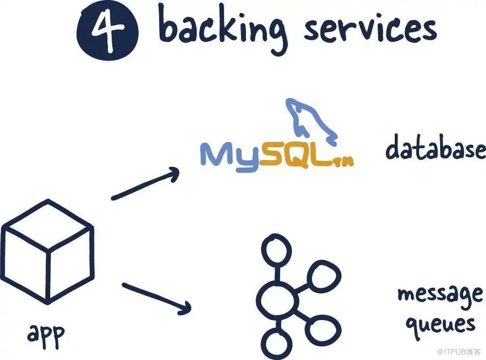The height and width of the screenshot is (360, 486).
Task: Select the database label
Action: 435,148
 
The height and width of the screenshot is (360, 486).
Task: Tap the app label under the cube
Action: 46,333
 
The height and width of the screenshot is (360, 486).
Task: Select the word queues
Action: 440,324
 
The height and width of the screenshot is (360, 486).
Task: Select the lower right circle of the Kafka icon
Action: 325,329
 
